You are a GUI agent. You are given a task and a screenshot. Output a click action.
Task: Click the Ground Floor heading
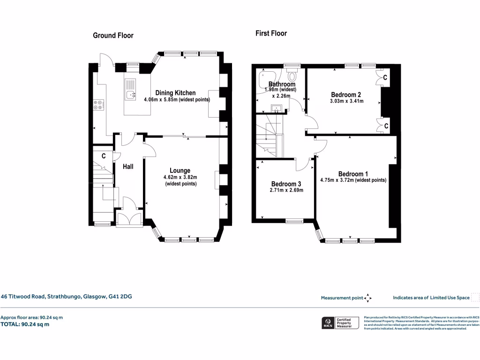tap(113, 36)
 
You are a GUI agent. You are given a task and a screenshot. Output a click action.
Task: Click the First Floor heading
tap(271, 33)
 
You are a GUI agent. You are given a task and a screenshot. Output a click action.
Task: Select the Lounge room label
tap(180, 171)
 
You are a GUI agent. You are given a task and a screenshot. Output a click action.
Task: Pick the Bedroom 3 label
tap(286, 184)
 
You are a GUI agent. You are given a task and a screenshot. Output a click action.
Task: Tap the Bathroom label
tap(282, 84)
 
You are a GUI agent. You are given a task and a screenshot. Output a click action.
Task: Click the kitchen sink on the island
tap(130, 95)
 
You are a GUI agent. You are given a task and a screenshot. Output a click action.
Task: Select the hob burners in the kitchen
tap(99, 105)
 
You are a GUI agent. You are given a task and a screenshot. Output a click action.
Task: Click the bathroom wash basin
tap(278, 109)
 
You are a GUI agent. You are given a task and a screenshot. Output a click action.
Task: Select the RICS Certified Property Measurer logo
tap(339, 323)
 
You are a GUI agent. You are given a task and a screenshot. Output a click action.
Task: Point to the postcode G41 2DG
tap(121, 296)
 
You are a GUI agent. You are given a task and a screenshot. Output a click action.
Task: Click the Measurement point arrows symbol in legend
tap(368, 298)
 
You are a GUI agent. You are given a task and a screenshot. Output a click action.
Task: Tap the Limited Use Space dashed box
tap(475, 297)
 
